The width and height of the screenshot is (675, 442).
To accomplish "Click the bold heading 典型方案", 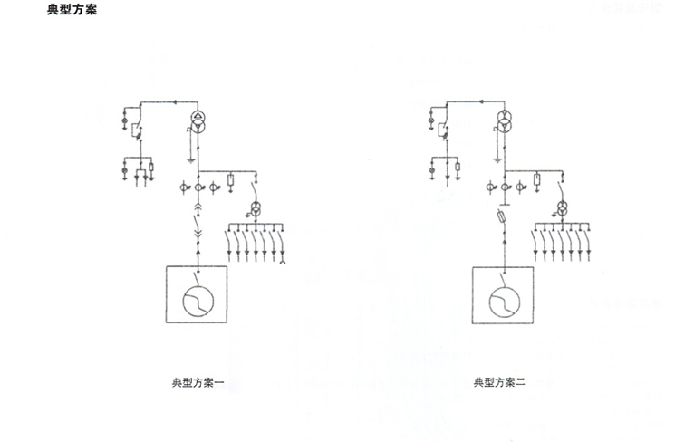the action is tap(72, 9).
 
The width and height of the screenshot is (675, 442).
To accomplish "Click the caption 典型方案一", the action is tap(198, 382).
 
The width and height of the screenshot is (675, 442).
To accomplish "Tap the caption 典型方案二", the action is tap(499, 382).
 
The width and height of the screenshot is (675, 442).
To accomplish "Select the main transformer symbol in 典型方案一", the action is tap(198, 121).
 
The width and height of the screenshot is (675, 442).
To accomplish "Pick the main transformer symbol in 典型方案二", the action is tap(505, 121).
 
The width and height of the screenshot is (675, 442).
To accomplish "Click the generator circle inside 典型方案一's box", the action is tap(198, 301).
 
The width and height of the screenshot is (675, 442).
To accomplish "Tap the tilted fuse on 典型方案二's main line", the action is tap(502, 216).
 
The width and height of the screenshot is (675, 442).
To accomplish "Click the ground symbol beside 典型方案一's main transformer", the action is tap(190, 161).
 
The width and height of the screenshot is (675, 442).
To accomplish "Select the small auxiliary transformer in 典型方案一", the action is tap(256, 208).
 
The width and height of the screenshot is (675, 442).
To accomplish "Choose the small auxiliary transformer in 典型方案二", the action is tap(563, 209).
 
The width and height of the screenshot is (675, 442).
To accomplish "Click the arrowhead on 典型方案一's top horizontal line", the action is tap(175, 102).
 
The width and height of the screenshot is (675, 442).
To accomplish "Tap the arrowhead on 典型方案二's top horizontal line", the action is tap(481, 102).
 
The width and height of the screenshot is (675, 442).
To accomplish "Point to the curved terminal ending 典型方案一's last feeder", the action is tap(283, 261).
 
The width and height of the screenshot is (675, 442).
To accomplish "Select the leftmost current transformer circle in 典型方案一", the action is tap(183, 187).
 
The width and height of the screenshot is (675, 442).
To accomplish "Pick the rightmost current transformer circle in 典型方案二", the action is tap(520, 187).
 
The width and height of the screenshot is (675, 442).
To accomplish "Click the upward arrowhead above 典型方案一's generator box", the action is tap(198, 250).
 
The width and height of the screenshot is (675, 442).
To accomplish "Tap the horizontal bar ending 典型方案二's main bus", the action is tap(505, 206).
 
